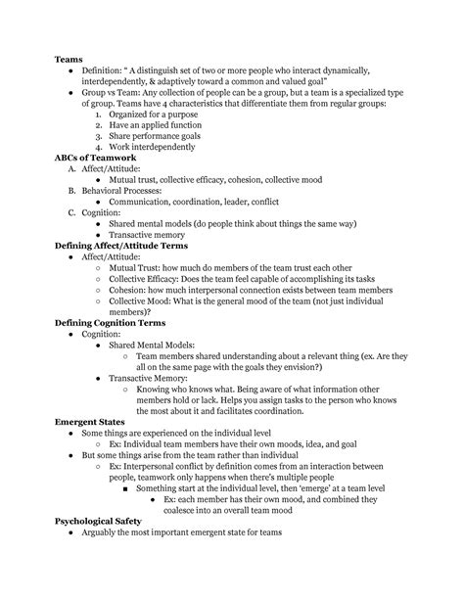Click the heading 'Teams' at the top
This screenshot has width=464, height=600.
[x=69, y=60]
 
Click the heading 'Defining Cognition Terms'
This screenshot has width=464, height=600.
[x=116, y=322]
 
